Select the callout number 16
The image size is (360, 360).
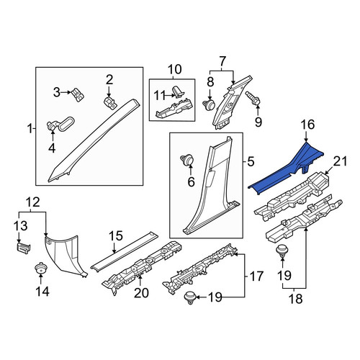click(307, 125)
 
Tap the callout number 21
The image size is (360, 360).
click(341, 161)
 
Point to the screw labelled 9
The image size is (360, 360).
click(252, 98)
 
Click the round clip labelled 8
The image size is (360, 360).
click(210, 104)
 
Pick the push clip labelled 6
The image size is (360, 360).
click(186, 160)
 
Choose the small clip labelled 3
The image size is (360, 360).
click(78, 94)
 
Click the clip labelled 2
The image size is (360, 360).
click(110, 103)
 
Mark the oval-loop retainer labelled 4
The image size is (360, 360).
click(60, 125)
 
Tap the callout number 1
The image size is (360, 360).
click(30, 129)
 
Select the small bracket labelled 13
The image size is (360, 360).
click(23, 248)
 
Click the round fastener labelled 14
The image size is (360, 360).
click(41, 268)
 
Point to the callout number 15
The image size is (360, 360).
click(116, 236)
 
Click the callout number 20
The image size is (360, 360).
click(141, 293)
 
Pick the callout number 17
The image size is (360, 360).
click(256, 276)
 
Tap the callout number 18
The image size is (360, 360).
click(295, 300)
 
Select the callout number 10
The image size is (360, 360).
click(174, 70)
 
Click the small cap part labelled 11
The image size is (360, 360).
click(179, 92)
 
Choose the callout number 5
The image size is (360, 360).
click(251, 162)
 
